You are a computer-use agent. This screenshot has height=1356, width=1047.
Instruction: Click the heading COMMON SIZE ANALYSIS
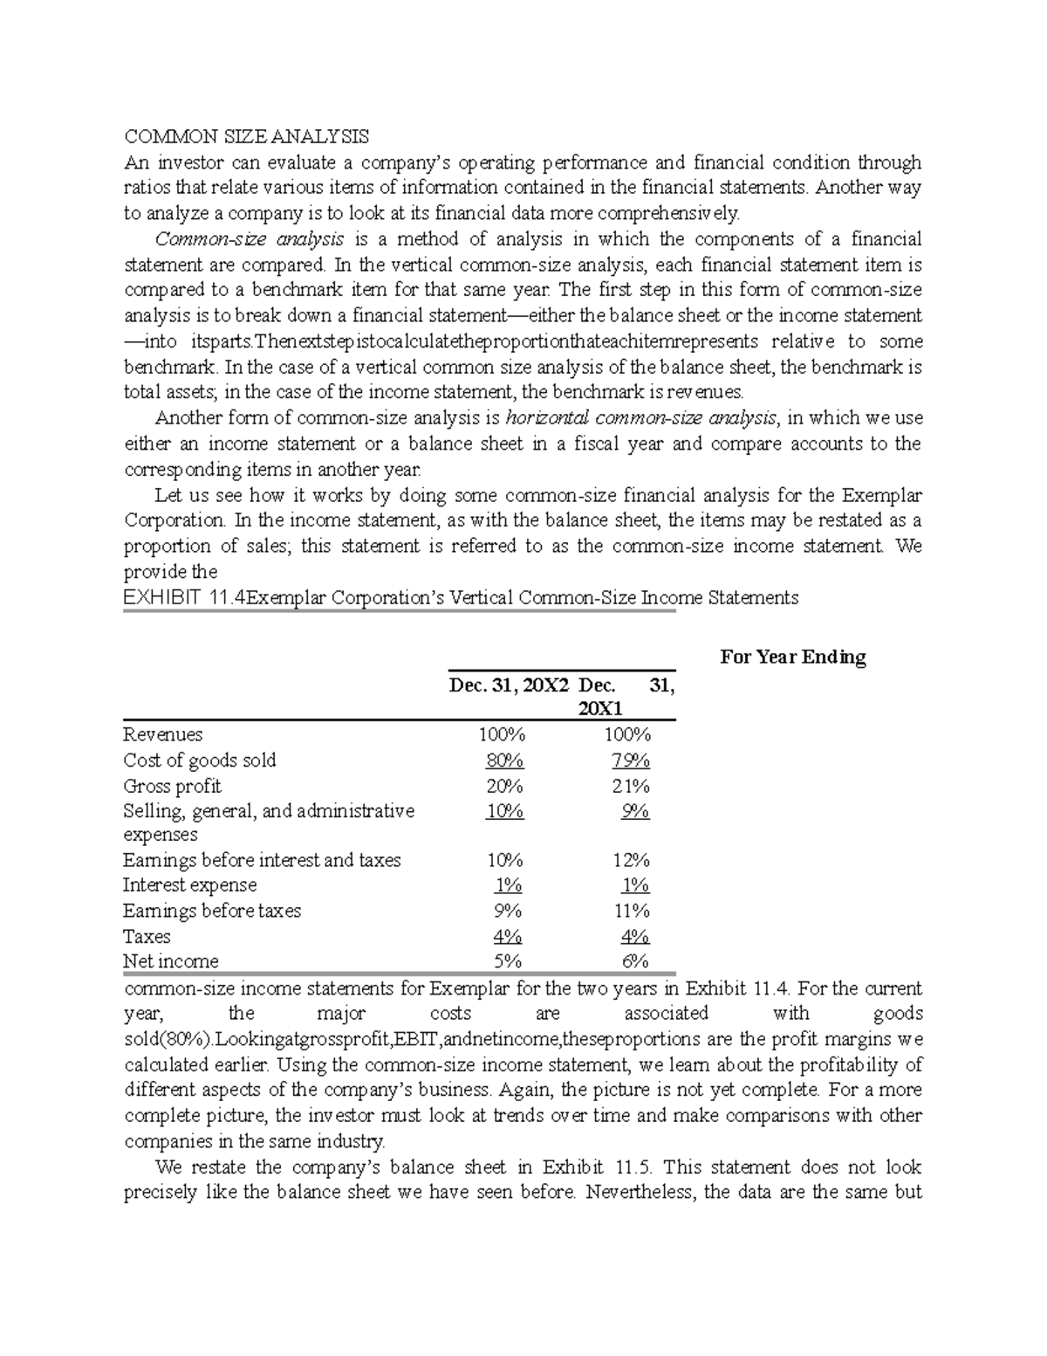246,137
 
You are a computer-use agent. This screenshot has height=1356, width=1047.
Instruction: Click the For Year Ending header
792,657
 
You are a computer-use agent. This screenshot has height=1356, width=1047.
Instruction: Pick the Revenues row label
163,734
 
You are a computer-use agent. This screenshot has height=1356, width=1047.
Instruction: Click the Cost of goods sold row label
200,761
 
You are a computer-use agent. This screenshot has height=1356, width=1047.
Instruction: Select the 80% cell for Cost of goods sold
505,761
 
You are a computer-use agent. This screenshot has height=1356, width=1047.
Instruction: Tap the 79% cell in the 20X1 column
631,761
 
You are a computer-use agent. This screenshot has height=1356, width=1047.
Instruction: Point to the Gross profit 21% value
631,786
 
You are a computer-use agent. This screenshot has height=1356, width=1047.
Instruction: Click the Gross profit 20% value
505,786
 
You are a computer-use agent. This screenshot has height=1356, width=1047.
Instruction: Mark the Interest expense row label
190,885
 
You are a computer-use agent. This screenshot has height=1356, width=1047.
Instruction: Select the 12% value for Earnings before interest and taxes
631,860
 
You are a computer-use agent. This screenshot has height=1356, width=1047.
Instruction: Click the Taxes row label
147,937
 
